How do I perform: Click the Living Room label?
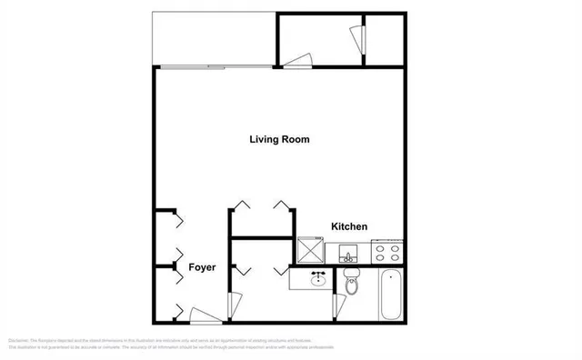tap(280, 140)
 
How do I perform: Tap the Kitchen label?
tap(348, 226)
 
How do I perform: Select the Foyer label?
tap(201, 268)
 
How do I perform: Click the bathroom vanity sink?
tap(317, 278)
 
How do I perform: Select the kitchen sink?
tap(348, 252)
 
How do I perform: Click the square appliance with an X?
tap(311, 249)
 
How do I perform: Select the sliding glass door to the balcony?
tap(216, 66)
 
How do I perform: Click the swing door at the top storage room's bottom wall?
tap(296, 62)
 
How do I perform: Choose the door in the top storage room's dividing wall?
tap(356, 38)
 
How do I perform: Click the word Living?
tap(264, 140)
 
